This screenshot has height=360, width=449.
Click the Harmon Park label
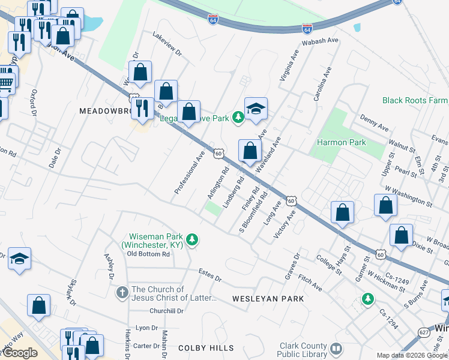(x=342, y=142)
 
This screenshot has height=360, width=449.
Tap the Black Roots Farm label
(x=415, y=100)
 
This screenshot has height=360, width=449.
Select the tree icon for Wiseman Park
(x=192, y=240)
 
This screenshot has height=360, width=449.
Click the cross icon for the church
(x=122, y=293)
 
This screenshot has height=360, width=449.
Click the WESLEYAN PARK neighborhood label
(x=268, y=298)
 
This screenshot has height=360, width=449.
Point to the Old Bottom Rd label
(x=149, y=254)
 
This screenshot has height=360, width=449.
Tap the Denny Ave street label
(x=373, y=123)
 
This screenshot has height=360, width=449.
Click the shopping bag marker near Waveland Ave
(x=250, y=151)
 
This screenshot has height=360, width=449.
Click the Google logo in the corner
(x=20, y=353)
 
